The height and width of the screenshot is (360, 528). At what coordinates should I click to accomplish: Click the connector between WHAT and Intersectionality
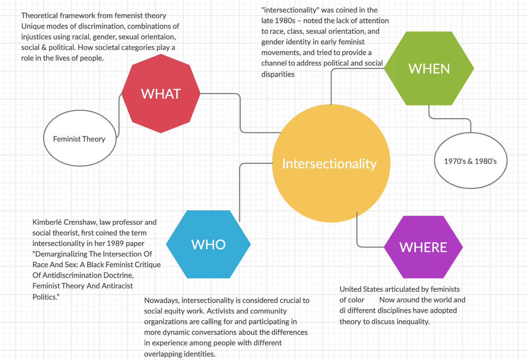click(x=240, y=112)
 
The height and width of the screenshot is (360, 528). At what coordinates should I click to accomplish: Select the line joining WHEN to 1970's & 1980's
click(x=450, y=118)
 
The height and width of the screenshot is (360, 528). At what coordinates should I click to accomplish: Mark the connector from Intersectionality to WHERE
click(x=357, y=232)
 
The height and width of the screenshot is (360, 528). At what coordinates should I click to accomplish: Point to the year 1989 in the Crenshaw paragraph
click(x=115, y=243)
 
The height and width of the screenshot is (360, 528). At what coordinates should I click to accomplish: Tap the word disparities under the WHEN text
click(x=278, y=74)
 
